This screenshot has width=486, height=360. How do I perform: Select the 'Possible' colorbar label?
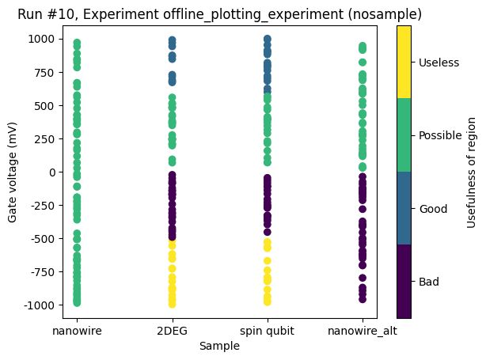(440, 135)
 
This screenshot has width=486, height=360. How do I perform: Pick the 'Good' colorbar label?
(434, 209)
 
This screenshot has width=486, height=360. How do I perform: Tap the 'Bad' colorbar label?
(431, 282)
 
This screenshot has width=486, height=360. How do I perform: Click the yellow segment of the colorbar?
(404, 63)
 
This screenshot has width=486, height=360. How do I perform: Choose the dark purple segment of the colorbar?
(404, 282)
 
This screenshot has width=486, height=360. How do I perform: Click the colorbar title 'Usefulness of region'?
(472, 172)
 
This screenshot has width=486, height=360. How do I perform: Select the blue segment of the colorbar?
(404, 209)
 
